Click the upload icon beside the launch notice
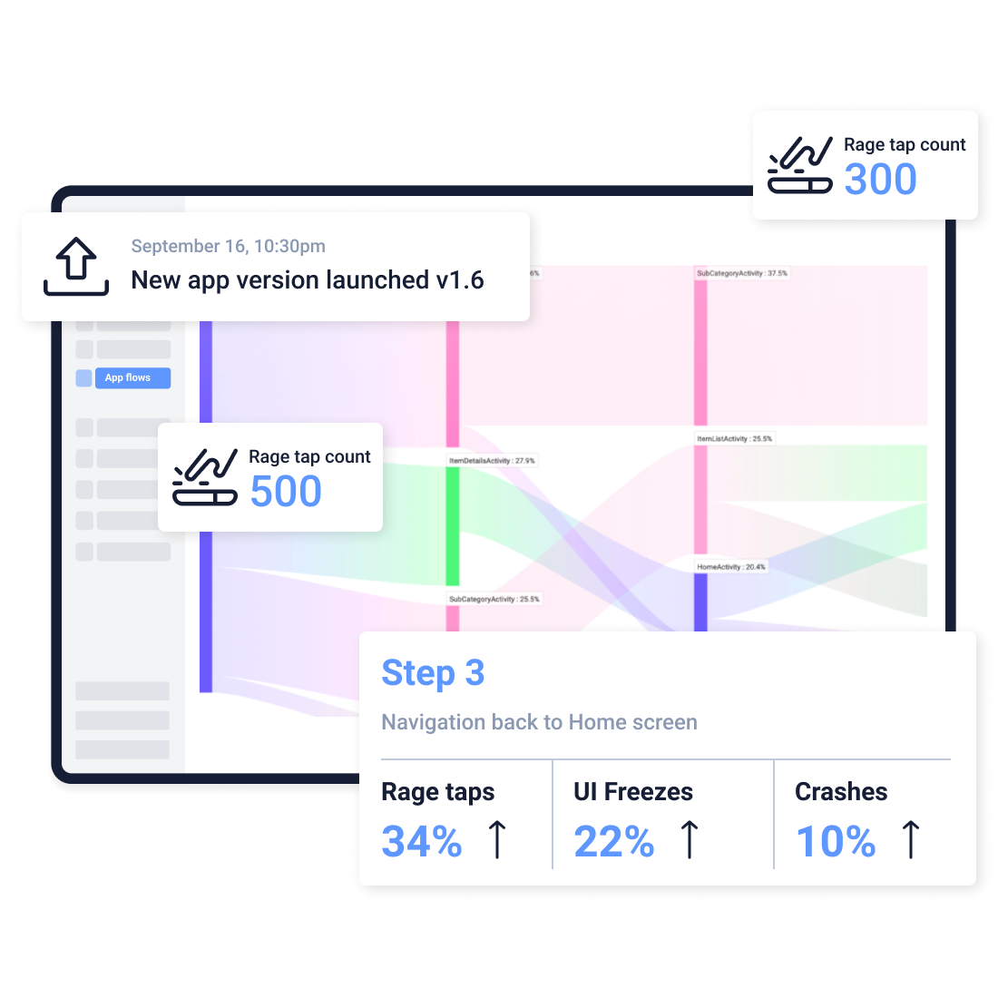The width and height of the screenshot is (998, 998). (76, 267)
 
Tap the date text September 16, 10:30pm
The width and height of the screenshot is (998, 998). (228, 246)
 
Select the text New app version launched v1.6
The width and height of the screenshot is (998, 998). (308, 280)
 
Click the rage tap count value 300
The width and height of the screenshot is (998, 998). (880, 180)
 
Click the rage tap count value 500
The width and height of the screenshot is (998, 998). (286, 492)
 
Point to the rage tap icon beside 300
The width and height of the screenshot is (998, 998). (800, 165)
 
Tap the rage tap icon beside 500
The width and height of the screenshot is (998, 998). (205, 477)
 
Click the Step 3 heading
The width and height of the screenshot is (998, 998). (433, 673)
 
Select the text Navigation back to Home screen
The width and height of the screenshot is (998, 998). (539, 722)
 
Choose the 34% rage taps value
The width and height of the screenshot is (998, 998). (422, 841)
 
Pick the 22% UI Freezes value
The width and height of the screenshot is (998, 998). (613, 841)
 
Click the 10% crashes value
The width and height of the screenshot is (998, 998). (836, 841)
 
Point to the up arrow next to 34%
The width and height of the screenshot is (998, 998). (497, 839)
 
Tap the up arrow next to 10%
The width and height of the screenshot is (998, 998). (911, 839)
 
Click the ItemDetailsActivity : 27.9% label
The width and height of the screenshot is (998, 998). (492, 461)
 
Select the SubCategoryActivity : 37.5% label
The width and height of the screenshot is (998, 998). (742, 273)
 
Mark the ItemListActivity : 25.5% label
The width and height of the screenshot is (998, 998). (735, 439)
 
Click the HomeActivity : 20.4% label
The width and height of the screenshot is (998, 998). (731, 567)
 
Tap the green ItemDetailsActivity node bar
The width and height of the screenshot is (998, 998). (453, 526)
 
